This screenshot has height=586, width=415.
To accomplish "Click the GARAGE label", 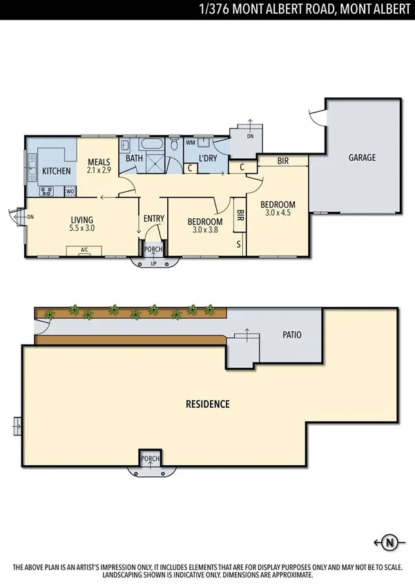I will (x=361, y=157).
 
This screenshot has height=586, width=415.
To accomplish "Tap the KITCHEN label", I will (x=56, y=170).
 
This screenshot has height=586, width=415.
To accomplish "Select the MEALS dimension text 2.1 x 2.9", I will (x=99, y=169).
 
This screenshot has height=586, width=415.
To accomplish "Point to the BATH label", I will (x=134, y=159).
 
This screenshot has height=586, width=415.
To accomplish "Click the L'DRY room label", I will (x=208, y=159).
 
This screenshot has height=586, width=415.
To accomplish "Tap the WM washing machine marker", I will (x=191, y=143).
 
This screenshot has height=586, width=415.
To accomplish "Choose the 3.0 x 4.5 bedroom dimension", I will (x=278, y=213).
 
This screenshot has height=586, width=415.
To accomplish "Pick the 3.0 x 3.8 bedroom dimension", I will (x=205, y=231).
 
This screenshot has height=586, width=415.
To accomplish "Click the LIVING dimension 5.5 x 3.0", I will (x=81, y=227).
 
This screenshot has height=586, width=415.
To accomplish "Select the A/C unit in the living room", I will (x=84, y=250).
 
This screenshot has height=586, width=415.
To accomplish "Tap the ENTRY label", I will (x=153, y=219).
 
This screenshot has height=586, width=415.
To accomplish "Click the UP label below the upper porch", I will (x=153, y=264).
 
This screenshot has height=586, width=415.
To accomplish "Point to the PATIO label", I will (x=292, y=335).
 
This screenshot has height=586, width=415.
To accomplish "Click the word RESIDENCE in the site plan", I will (x=207, y=404).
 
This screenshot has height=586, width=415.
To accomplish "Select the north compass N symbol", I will (x=389, y=542).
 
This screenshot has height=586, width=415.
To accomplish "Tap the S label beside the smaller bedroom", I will (x=239, y=244).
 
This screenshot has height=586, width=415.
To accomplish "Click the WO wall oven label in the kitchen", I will (x=70, y=191).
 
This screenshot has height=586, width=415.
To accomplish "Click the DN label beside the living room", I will (x=30, y=217).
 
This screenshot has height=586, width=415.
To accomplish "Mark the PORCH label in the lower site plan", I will (x=151, y=458).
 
